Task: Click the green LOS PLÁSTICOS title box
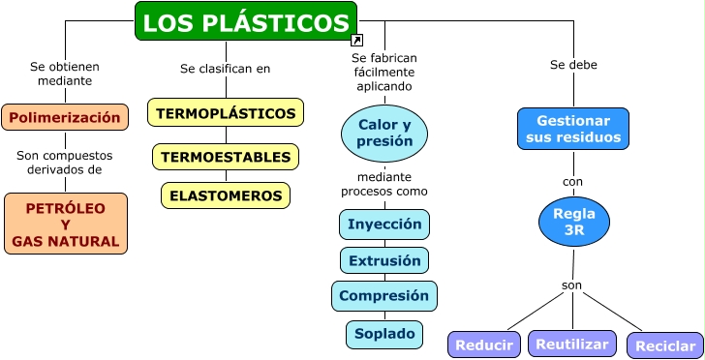[x=246, y=21]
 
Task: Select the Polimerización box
[x=65, y=117]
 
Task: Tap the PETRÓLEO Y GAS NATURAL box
[x=66, y=224]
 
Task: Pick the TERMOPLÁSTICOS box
[x=226, y=113]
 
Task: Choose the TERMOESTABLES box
[x=226, y=157]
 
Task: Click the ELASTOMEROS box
[x=226, y=195]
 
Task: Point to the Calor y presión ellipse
[x=384, y=133]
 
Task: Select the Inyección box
[x=384, y=224]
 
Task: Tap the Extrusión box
[x=384, y=260]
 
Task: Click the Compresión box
[x=384, y=295]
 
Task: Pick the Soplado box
[x=384, y=334]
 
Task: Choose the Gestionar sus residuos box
[x=573, y=129]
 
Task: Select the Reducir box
[x=483, y=345]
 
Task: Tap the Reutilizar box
[x=572, y=344]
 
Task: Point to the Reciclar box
[x=664, y=345]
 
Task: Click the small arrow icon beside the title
[x=356, y=41]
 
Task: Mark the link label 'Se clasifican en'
[x=226, y=69]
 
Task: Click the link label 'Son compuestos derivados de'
[x=65, y=162]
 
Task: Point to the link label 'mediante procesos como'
[x=384, y=184]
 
